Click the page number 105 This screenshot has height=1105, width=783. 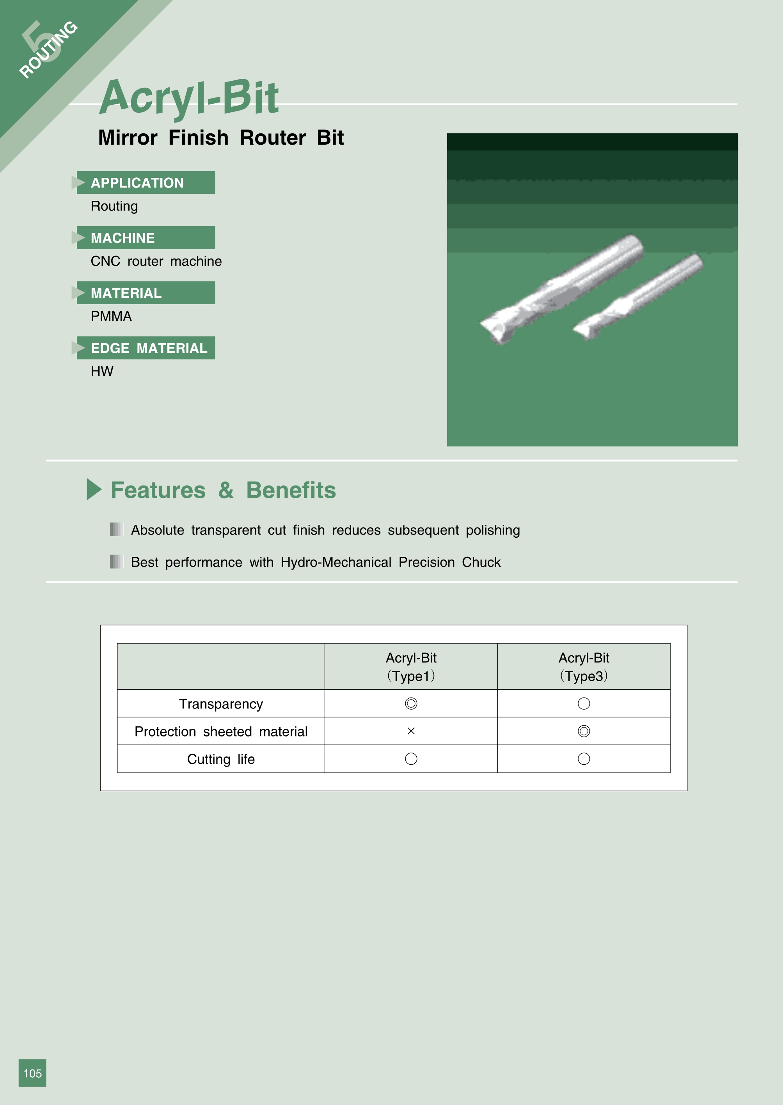(x=32, y=1073)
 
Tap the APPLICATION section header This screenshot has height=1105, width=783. (x=137, y=182)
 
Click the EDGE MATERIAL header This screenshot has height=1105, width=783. (x=149, y=348)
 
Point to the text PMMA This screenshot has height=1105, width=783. (x=111, y=316)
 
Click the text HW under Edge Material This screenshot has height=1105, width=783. (x=102, y=371)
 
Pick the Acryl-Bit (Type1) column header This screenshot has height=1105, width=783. (x=411, y=666)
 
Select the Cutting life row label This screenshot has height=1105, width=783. (x=221, y=759)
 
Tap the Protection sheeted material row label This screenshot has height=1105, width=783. (x=221, y=731)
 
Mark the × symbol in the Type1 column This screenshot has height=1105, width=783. (x=411, y=731)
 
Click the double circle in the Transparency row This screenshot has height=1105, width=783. (x=411, y=698)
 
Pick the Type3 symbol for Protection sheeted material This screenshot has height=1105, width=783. (x=583, y=726)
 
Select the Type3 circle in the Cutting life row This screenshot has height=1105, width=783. (x=583, y=753)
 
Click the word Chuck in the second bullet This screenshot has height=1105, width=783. (x=481, y=562)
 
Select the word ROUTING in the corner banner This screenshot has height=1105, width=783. (x=48, y=50)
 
